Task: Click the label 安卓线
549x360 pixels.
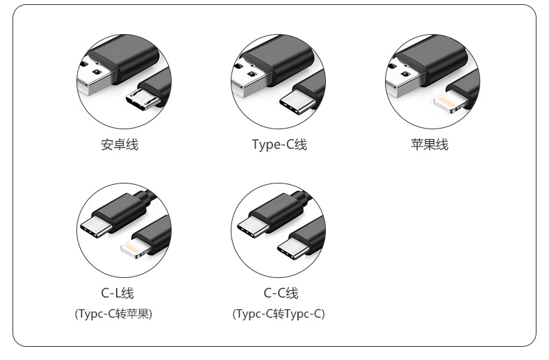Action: tap(120, 145)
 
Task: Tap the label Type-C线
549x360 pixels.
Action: tap(279, 145)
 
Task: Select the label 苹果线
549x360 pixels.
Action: tap(429, 145)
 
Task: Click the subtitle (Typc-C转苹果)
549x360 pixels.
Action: tap(113, 314)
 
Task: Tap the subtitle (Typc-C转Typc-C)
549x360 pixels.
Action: tap(279, 314)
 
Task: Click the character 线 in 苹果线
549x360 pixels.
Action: tap(442, 145)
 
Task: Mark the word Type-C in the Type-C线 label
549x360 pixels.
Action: tap(272, 145)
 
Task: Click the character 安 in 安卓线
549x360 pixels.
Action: tap(107, 145)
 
